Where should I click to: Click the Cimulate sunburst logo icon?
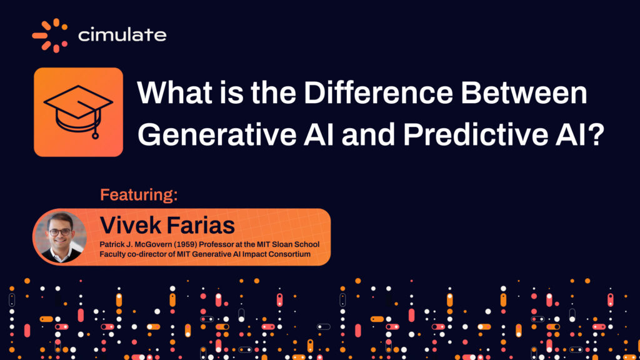(50, 35)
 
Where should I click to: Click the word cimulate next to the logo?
(122, 35)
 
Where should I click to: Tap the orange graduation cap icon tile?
(78, 112)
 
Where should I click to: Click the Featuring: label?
(139, 194)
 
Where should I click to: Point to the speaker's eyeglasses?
(59, 231)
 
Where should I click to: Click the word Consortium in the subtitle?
(289, 253)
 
